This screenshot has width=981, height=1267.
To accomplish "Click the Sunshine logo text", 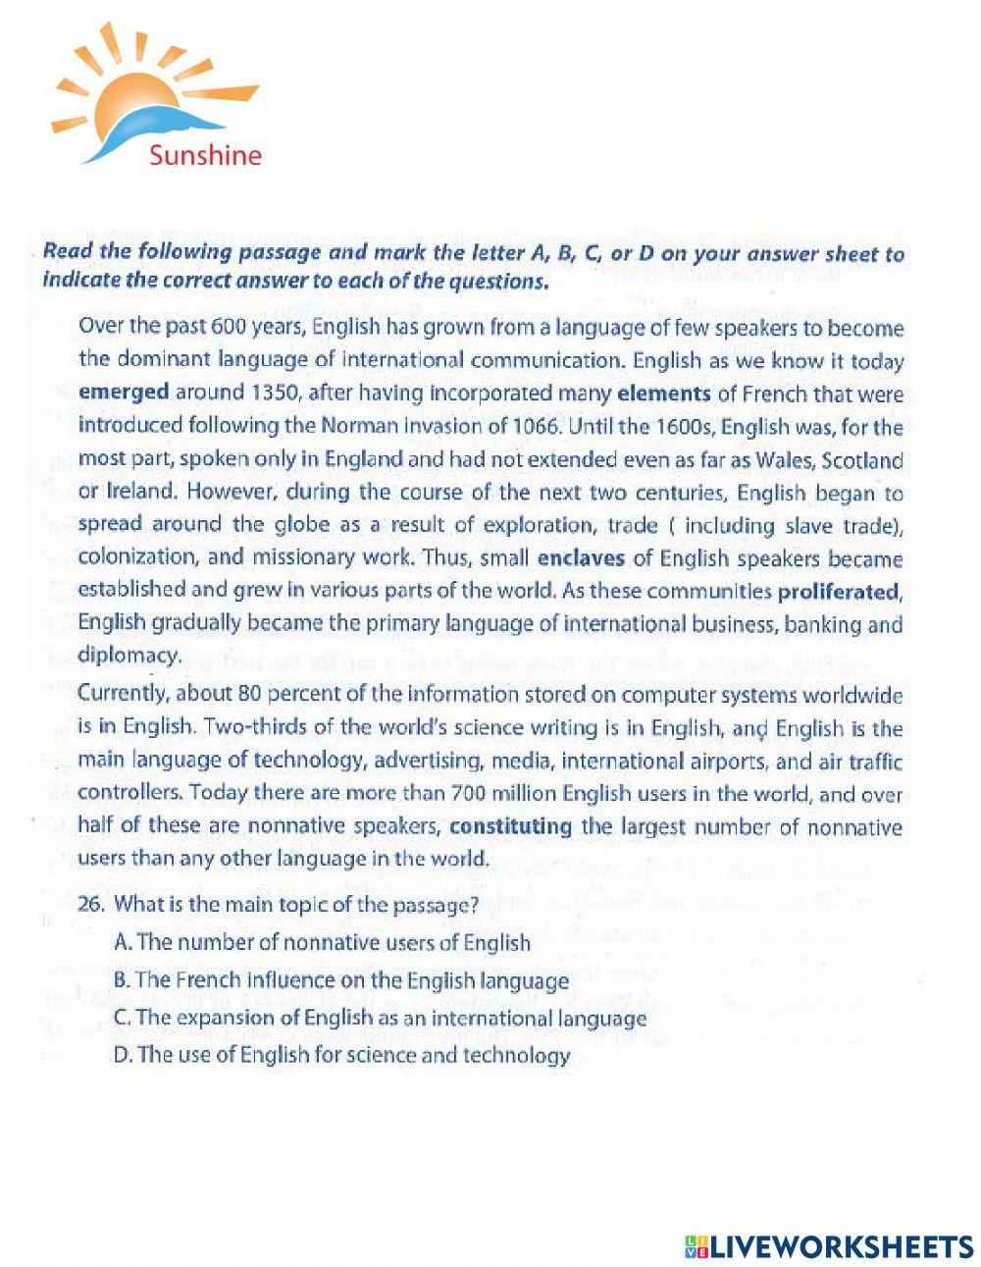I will click(205, 155).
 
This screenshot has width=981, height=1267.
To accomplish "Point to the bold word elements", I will click(663, 394).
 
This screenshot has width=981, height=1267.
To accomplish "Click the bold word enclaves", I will click(583, 559).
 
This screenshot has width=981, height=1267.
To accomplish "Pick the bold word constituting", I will click(510, 826).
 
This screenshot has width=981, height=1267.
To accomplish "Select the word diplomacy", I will click(129, 656).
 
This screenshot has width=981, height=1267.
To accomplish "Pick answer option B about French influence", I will click(340, 980).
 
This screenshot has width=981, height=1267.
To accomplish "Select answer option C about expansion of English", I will click(380, 1018).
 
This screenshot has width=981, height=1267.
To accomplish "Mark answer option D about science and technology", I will click(341, 1056).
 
